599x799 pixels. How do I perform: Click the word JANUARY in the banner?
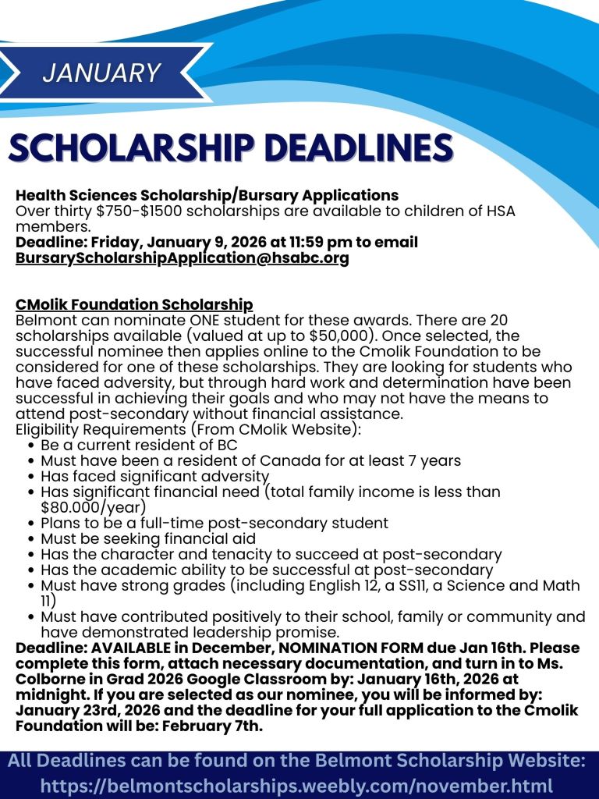pos(101,73)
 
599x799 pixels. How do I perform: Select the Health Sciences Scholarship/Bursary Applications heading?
pos(207,195)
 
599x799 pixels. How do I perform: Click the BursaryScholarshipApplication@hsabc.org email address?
pos(182,258)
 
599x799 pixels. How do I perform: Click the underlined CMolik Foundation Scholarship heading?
pos(134,304)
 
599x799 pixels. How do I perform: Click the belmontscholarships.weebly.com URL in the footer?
pos(296,786)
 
